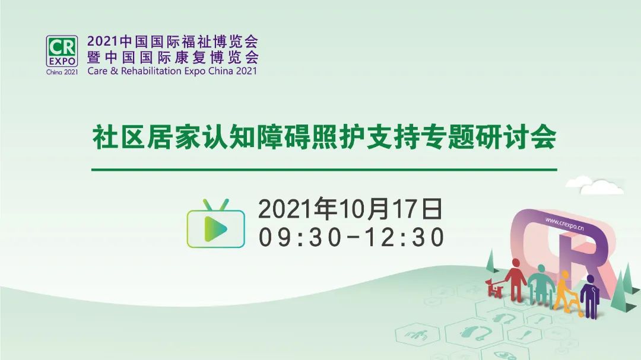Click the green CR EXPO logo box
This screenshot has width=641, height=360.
[62, 51]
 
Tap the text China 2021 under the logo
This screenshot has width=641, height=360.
[62, 72]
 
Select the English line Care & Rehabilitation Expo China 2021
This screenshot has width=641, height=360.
[172, 71]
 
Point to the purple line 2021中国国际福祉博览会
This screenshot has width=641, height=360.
[173, 42]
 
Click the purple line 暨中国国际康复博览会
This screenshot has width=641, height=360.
[173, 57]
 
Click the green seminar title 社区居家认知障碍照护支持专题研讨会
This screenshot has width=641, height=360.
[324, 137]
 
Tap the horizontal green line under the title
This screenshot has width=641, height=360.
[324, 169]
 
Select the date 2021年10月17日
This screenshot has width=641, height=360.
[350, 209]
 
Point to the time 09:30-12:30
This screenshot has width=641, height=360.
[351, 237]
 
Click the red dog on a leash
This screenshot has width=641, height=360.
[494, 288]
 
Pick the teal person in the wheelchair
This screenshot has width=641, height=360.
[541, 285]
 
